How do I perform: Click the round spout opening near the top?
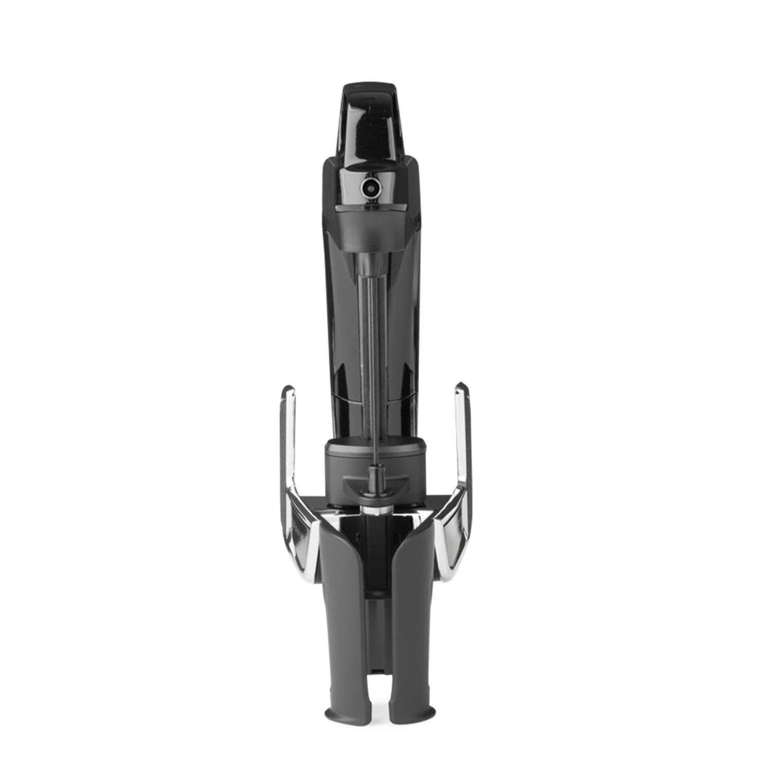[369, 188]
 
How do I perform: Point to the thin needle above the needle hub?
[377, 447]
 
